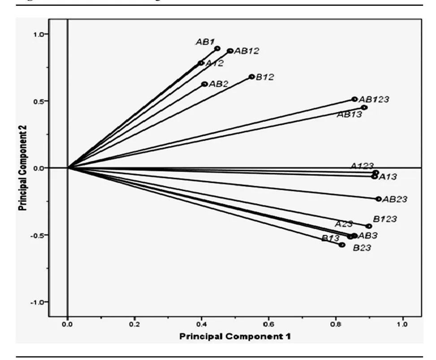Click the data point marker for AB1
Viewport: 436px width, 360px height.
217,48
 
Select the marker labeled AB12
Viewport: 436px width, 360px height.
230,51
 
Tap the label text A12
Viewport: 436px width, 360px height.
215,64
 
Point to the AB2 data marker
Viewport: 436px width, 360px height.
205,84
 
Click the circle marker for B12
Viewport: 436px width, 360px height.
252,77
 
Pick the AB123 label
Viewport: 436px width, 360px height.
374,99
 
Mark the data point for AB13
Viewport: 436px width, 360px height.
364,107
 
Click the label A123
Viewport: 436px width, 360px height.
362,166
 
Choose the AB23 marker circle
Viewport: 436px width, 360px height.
379,199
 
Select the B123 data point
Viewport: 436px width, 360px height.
369,226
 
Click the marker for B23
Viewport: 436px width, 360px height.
342,245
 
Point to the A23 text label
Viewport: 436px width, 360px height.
345,223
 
